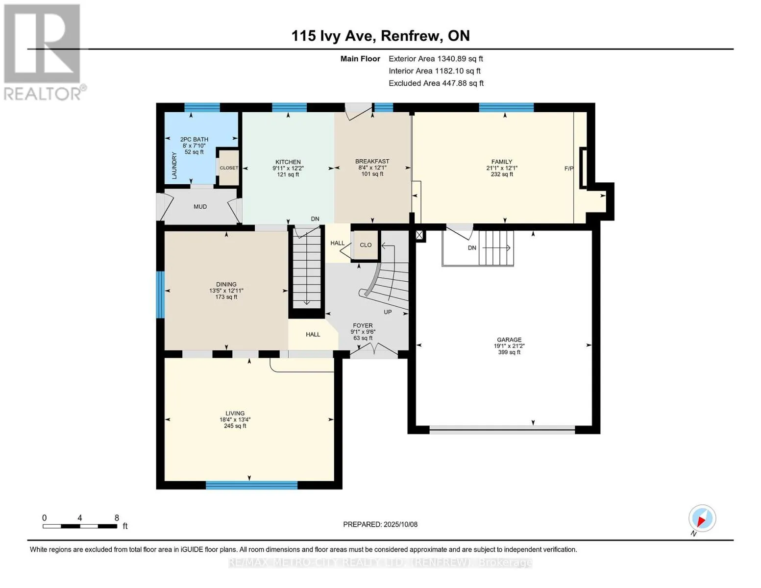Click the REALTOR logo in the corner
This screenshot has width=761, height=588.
(44, 52)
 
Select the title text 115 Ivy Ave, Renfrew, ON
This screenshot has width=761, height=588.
(380, 36)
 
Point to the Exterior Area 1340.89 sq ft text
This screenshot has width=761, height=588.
(436, 59)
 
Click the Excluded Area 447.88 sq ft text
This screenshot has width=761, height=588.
(436, 83)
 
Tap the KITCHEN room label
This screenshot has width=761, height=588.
(288, 162)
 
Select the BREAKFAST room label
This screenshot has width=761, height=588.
(372, 161)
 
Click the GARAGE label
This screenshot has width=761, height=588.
(509, 340)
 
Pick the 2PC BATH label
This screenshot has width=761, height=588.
(194, 139)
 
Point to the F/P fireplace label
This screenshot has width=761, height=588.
(569, 169)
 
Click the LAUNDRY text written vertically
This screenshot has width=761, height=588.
(174, 166)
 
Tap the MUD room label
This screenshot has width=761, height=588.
(200, 207)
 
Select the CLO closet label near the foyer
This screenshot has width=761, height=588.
(366, 245)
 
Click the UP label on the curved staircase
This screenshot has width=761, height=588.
(387, 312)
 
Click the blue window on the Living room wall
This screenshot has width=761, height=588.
(251, 485)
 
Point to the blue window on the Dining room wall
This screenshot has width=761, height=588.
(160, 294)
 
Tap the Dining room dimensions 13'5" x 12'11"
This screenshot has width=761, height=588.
(226, 291)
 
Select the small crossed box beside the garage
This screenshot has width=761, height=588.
(419, 235)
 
